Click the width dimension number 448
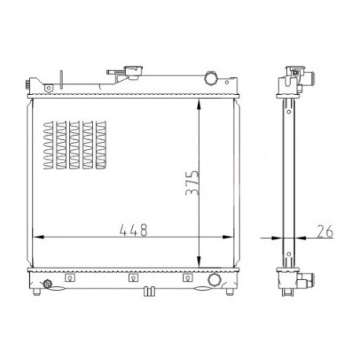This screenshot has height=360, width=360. pos(134,230)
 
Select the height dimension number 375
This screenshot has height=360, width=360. pos(193,182)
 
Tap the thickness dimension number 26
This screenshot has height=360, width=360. pos(325,231)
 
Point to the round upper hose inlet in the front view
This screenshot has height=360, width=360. pos(211,78)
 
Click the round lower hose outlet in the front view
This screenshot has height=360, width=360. pos(215,280)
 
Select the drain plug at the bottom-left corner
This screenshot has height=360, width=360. pos(47,284)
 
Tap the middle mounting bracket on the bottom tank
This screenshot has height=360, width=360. pos(134,277)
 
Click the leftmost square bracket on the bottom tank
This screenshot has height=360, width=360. pos(70,277)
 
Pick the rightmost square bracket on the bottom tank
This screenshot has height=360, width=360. pos(188,277)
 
